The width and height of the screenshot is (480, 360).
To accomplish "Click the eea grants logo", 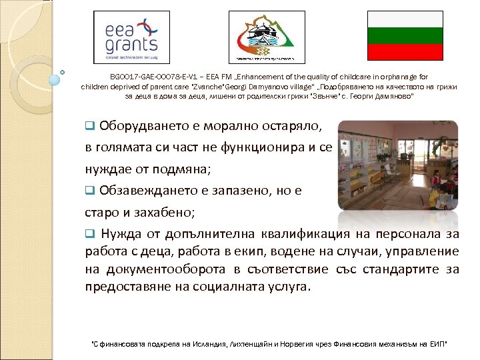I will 131,37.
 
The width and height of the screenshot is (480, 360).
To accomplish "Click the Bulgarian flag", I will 406,37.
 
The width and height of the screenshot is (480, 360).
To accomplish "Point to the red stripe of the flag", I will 406,53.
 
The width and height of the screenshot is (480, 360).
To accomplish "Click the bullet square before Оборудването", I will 90,127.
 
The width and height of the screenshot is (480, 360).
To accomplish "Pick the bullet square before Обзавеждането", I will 90,191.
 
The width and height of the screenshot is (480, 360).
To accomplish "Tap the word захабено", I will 163,212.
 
